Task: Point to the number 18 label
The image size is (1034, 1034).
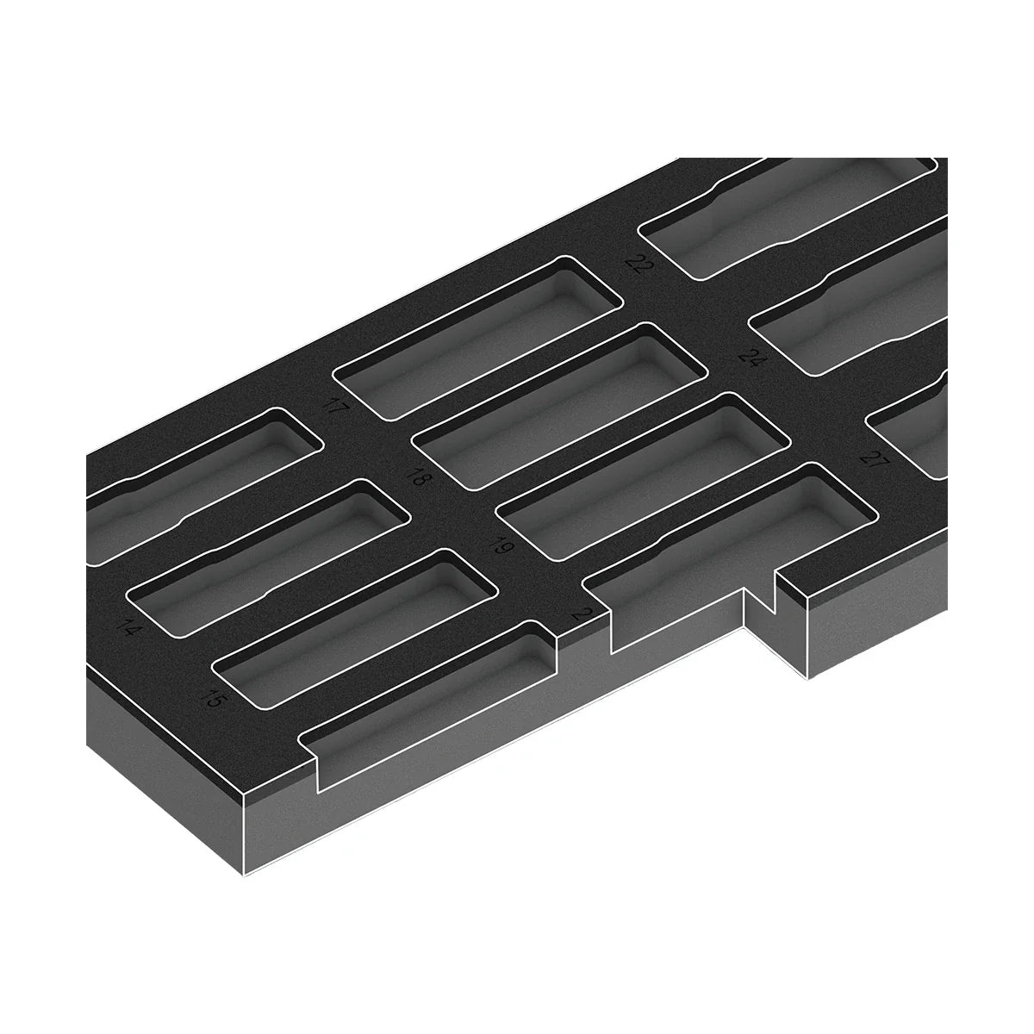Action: (419, 475)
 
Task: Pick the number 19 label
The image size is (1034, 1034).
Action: (499, 545)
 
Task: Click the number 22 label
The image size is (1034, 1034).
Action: (638, 264)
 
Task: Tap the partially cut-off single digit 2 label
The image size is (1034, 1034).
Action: (585, 614)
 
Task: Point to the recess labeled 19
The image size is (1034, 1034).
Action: (642, 478)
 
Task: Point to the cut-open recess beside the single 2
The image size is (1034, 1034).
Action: (681, 595)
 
